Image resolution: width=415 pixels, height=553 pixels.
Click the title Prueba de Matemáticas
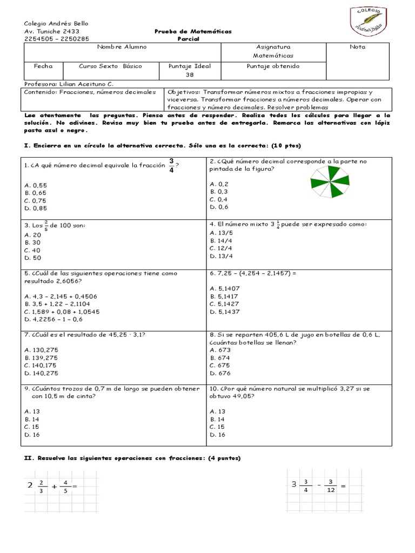click(x=192, y=31)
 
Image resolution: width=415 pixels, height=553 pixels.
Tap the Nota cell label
click(x=357, y=47)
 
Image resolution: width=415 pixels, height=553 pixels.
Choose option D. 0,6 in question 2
click(x=219, y=207)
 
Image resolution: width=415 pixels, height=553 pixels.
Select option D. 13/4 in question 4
click(x=222, y=256)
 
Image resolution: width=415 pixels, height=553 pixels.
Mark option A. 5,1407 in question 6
click(x=225, y=288)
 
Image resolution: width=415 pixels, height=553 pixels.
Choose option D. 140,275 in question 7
click(x=41, y=373)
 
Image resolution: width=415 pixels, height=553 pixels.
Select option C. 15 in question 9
click(x=31, y=427)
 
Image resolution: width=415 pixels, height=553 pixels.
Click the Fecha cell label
click(x=43, y=66)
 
